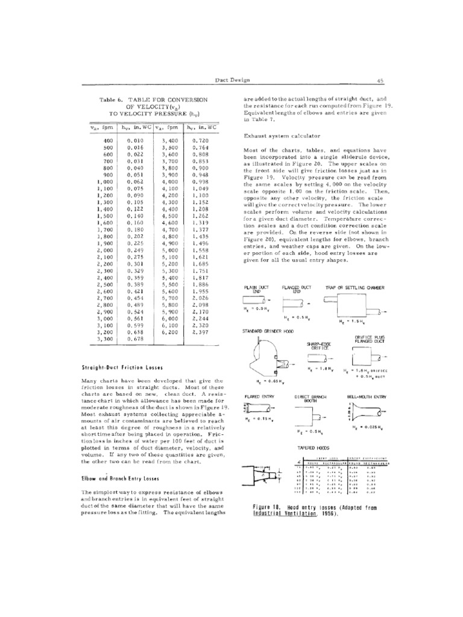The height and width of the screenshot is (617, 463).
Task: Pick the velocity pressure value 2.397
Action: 201,332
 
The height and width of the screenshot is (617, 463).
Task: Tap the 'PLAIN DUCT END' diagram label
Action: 257,289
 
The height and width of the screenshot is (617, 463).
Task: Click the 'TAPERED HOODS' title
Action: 310,449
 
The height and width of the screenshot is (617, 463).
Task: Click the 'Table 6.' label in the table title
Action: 110,98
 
